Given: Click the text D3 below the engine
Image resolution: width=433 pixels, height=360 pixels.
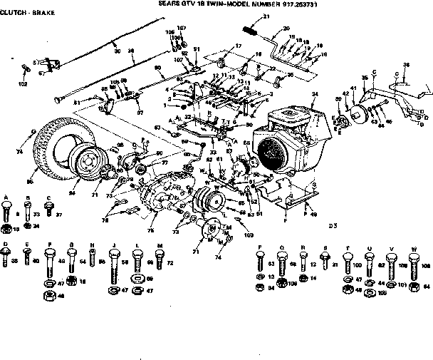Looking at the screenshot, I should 332,226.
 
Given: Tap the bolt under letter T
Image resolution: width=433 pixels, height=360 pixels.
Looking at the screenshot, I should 348,265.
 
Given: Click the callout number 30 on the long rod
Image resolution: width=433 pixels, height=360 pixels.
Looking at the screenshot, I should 117,51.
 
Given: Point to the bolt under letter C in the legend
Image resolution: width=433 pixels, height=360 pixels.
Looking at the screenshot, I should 48,208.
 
